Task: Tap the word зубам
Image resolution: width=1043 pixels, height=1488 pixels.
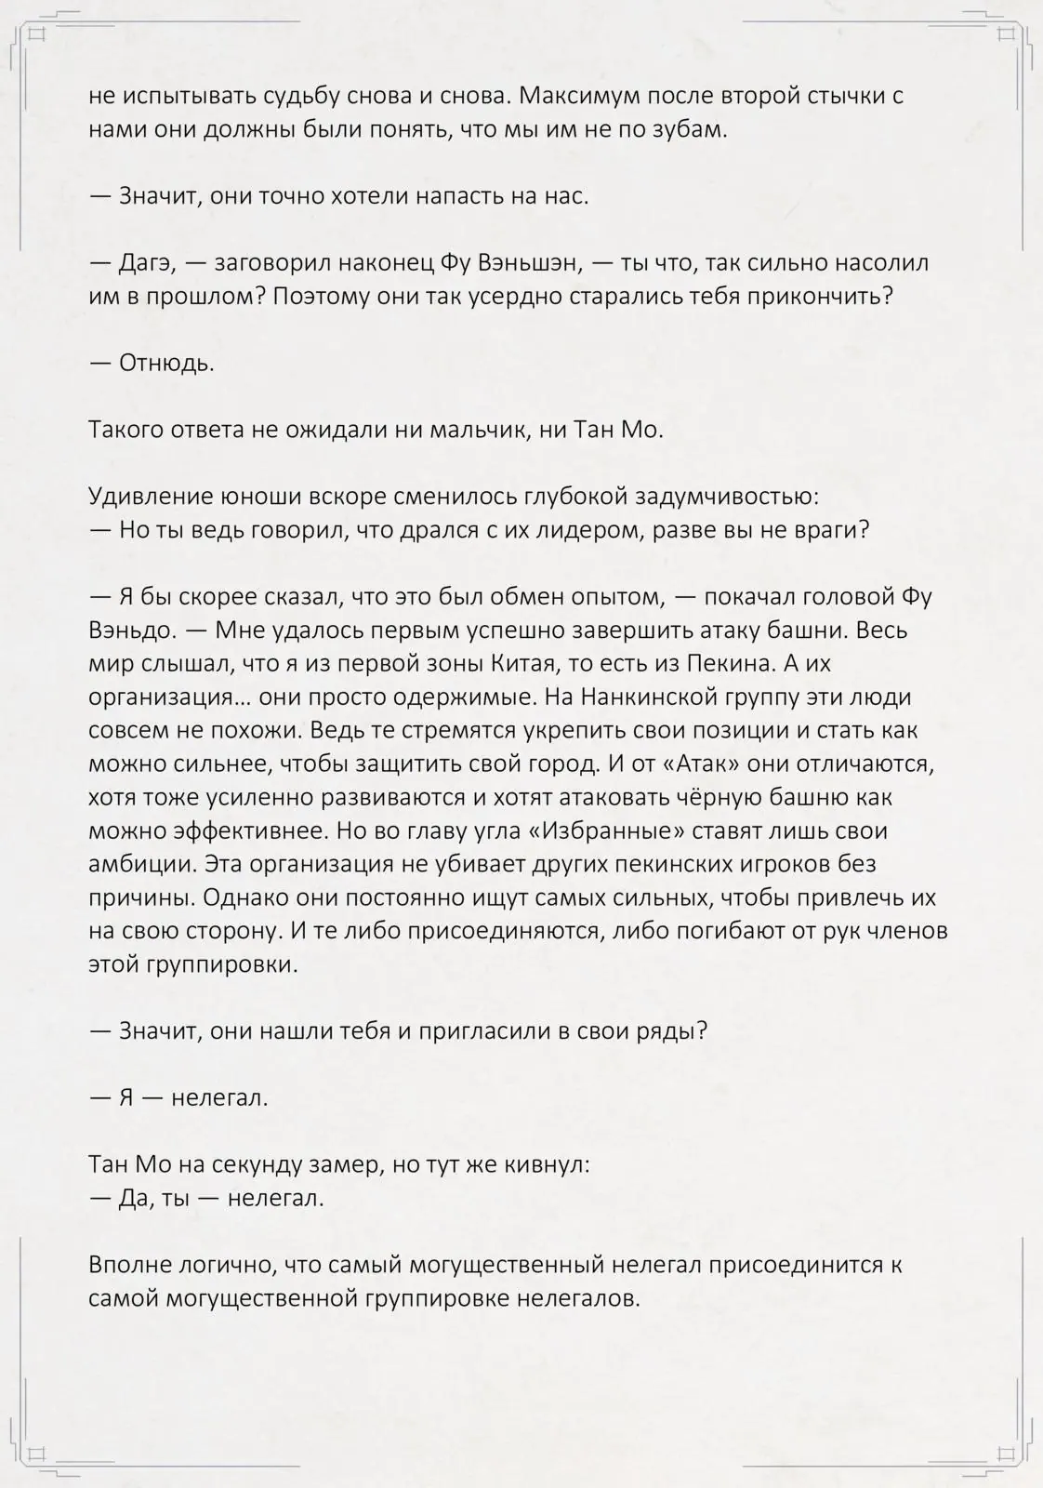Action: tap(690, 129)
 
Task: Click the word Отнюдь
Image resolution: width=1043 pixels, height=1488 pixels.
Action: tap(166, 363)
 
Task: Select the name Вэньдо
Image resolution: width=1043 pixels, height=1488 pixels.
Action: tap(130, 631)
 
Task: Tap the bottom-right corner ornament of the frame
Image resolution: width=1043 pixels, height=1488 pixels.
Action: tap(1006, 1454)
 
